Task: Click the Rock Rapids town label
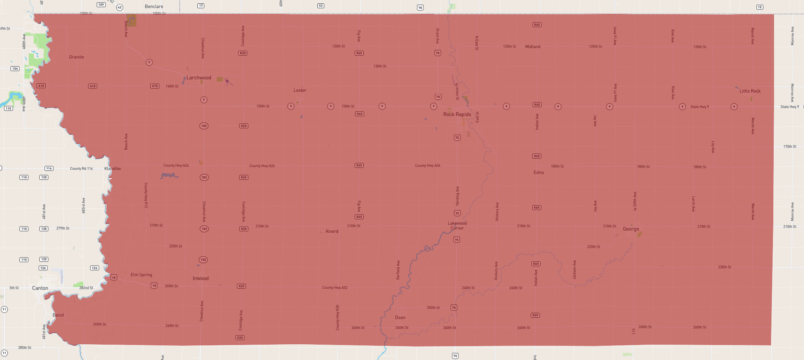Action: [457, 114]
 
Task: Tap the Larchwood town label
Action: [198, 78]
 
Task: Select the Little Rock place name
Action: [750, 91]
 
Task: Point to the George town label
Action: [631, 229]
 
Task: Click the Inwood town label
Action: [200, 279]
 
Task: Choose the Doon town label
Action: [400, 317]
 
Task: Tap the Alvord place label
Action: [332, 231]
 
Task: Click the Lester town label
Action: [300, 90]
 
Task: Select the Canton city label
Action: [40, 288]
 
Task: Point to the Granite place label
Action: [76, 57]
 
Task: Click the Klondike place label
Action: [113, 169]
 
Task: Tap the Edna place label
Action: [538, 172]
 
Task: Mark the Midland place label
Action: [532, 47]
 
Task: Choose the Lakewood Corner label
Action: [457, 226]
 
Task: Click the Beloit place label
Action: [58, 315]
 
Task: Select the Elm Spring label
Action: [141, 275]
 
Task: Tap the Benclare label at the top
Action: [154, 6]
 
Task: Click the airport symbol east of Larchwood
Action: [227, 81]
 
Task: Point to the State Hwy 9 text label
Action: [699, 107]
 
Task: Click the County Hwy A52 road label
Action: [335, 287]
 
